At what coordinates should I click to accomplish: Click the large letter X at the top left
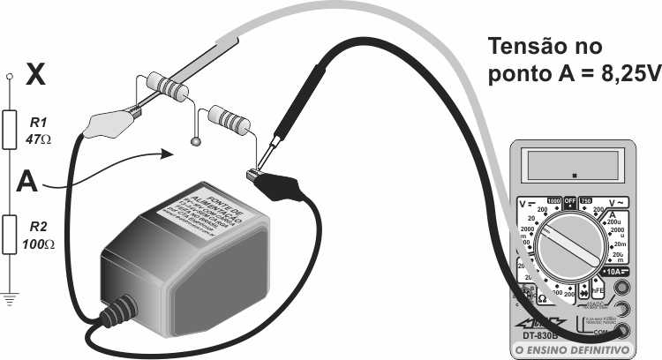[x=36, y=73]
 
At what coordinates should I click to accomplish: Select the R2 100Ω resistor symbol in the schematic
[x=10, y=236]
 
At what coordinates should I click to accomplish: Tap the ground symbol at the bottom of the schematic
[x=10, y=298]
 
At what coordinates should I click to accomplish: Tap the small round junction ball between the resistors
[x=196, y=140]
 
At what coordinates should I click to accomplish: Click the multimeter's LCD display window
[x=573, y=165]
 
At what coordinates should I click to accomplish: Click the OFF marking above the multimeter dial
[x=571, y=200]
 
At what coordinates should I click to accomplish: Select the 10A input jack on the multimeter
[x=625, y=289]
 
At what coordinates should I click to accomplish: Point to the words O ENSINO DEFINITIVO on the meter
[x=573, y=350]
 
